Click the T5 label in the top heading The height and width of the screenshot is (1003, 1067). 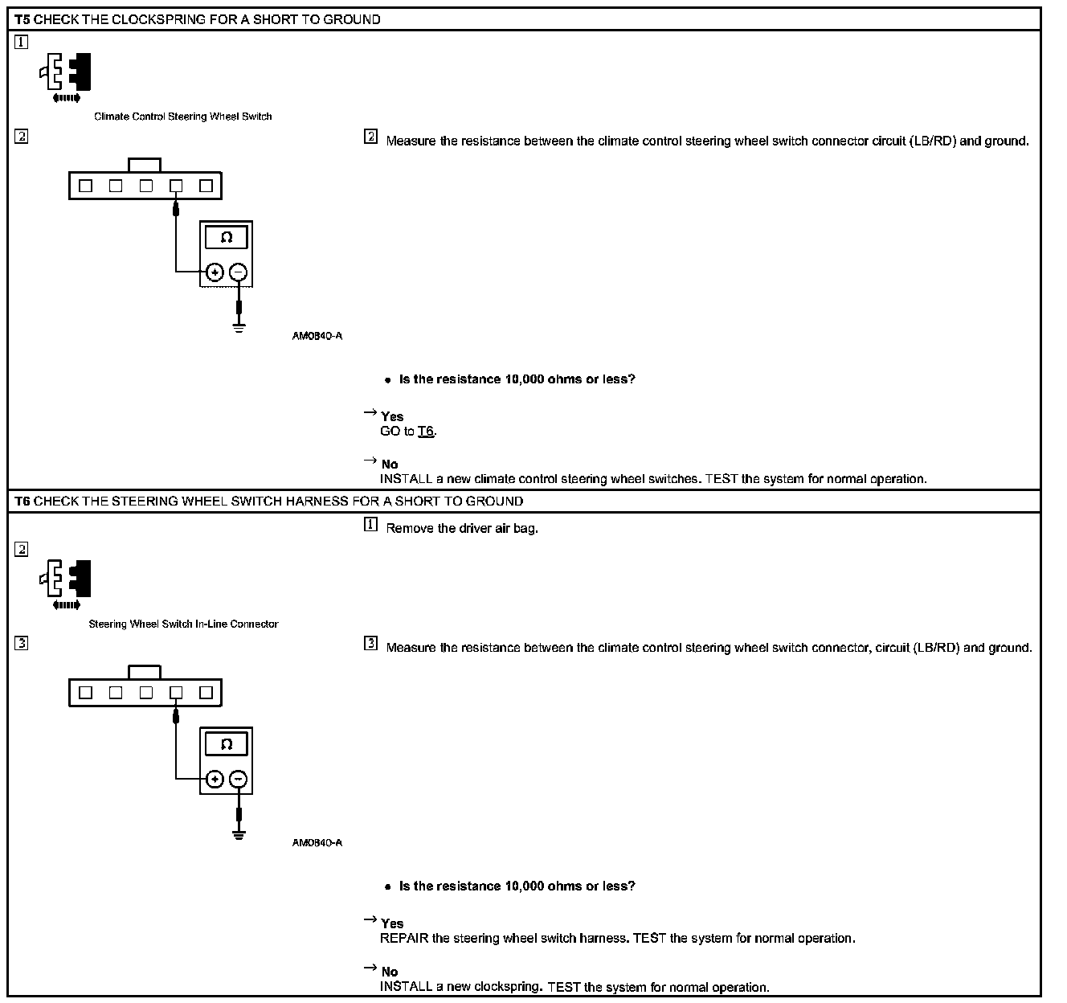22,19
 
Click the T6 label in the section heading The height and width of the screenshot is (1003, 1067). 22,501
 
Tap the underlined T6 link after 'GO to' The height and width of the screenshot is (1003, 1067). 426,432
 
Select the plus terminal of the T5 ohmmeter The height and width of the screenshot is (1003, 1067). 215,272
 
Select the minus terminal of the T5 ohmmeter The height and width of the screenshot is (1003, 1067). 239,272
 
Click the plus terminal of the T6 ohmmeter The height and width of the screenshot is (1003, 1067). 215,779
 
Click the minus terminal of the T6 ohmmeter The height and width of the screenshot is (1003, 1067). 239,779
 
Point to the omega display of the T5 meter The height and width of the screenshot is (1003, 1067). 227,238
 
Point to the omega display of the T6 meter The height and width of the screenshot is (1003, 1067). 227,744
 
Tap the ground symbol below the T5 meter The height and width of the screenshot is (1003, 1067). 239,327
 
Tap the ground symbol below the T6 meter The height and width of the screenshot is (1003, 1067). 239,833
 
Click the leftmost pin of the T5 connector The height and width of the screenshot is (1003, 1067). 86,186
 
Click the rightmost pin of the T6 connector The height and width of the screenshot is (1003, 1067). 206,692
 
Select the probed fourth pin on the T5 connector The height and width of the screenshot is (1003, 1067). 176,186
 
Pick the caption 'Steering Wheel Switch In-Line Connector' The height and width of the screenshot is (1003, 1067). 183,624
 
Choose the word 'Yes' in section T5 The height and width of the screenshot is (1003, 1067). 392,416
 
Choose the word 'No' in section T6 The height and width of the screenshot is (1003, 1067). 390,972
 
